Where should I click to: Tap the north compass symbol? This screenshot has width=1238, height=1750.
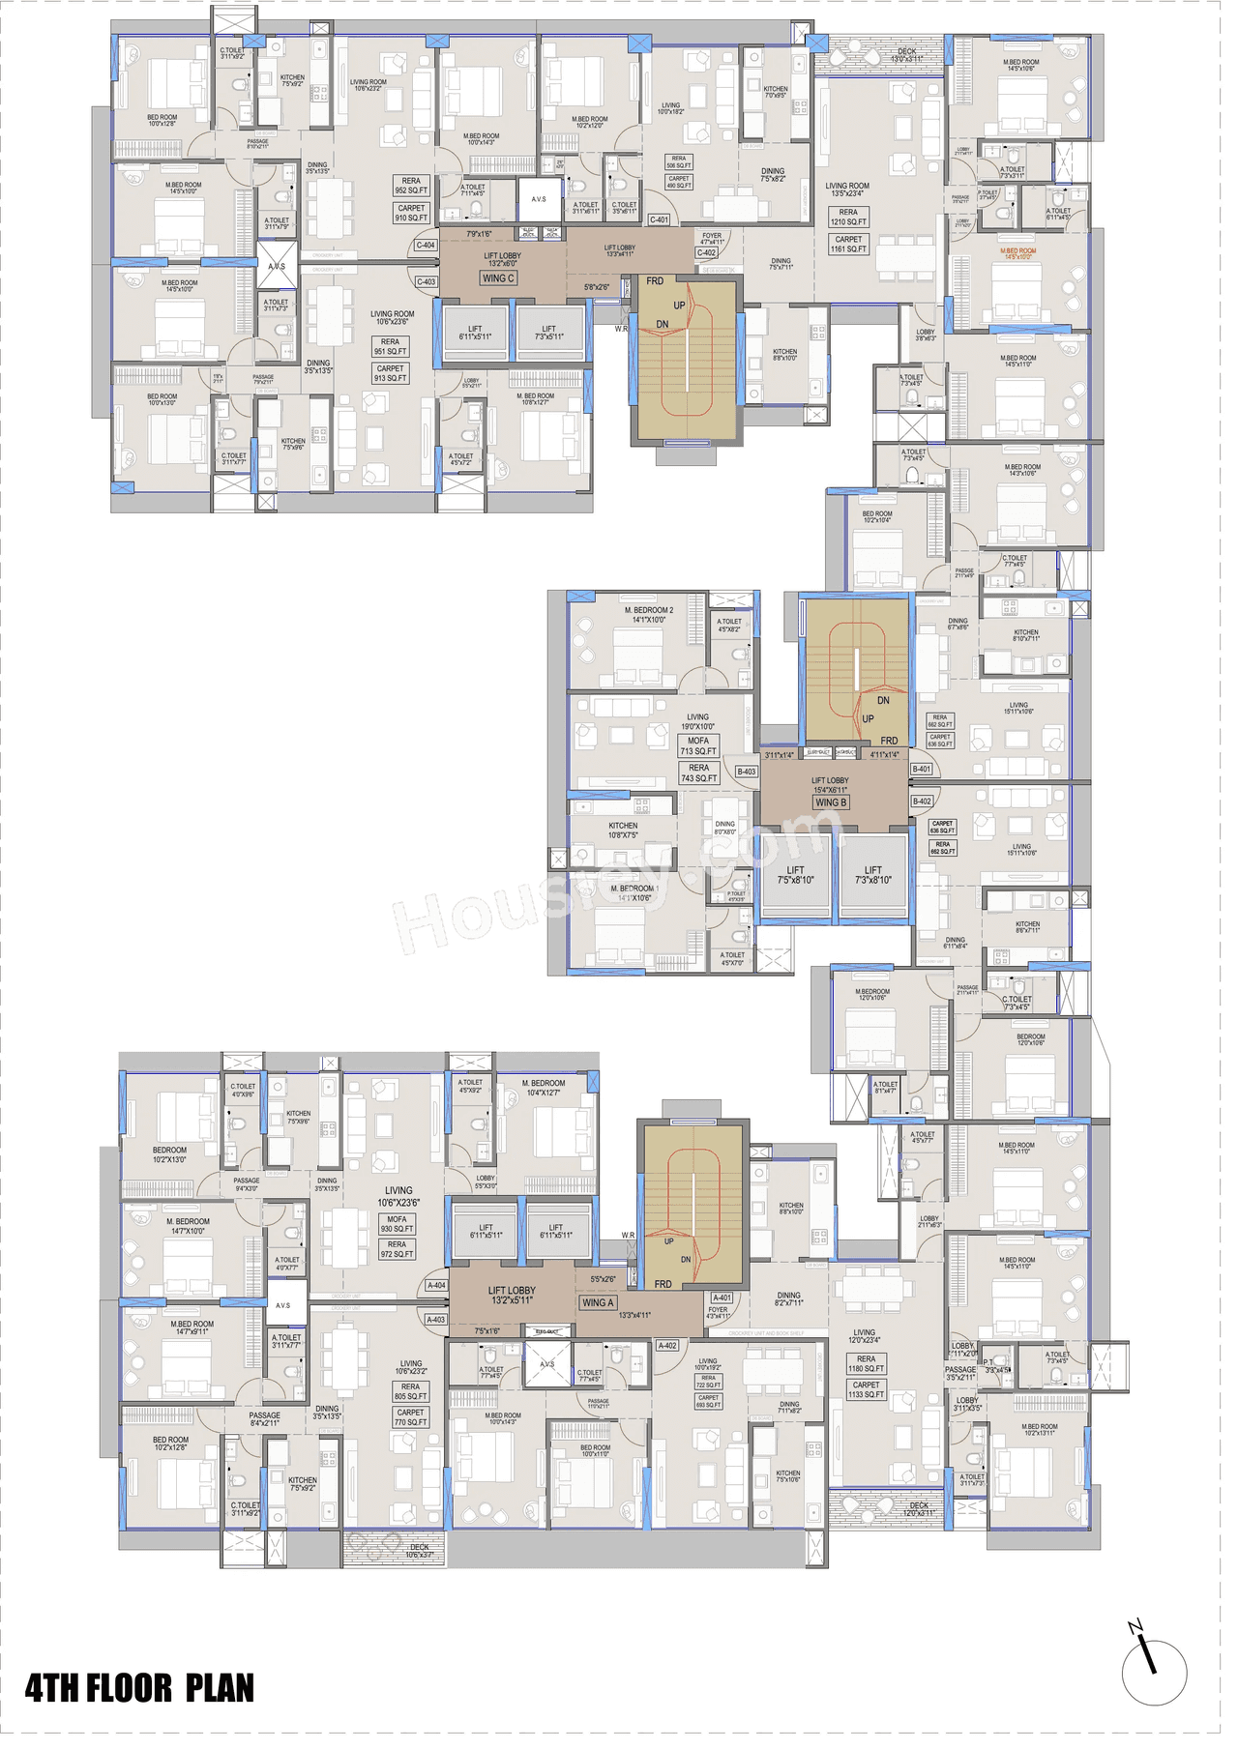click(x=1153, y=1670)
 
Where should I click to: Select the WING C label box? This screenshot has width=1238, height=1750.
click(x=498, y=278)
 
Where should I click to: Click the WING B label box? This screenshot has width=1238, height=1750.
click(x=831, y=802)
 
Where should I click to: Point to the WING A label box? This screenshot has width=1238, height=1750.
click(x=598, y=1302)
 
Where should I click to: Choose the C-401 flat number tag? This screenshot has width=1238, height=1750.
click(x=659, y=219)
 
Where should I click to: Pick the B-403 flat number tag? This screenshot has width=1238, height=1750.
click(x=747, y=772)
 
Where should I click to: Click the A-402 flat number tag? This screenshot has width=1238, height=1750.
click(x=667, y=1346)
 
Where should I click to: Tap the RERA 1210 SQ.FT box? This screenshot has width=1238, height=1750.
click(x=848, y=217)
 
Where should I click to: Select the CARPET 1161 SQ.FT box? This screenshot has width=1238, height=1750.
click(x=848, y=244)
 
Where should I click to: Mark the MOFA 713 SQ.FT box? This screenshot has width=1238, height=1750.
click(x=698, y=745)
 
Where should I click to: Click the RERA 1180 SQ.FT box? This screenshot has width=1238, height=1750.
click(x=866, y=1363)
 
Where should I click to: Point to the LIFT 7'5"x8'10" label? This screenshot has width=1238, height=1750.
click(x=795, y=875)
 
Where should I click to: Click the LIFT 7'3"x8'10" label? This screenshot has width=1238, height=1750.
click(x=872, y=875)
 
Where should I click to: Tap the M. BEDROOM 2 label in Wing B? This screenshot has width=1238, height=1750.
click(x=649, y=614)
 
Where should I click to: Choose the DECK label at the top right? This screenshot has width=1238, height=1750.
click(x=906, y=55)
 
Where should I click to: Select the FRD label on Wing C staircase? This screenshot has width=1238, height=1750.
click(x=655, y=281)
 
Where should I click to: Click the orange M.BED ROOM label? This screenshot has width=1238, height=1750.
click(x=1017, y=253)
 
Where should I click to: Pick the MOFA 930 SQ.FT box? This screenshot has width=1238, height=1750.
click(x=397, y=1224)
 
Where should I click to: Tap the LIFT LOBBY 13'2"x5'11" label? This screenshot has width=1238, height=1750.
click(x=512, y=1295)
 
